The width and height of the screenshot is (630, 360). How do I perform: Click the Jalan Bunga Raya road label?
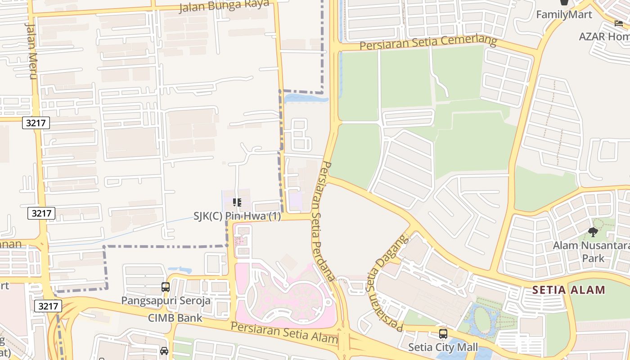pos(224,6)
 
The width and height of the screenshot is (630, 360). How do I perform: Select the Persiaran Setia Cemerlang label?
pos(428,44)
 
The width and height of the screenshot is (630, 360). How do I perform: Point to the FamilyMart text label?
pos(563,14)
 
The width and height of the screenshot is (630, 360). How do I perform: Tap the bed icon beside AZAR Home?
pos(619,23)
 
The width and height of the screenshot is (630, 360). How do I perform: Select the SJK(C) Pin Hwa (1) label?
pos(237,216)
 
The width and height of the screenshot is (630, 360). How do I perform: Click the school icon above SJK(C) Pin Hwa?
pos(237,202)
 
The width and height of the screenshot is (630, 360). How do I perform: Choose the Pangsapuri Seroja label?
pos(166,300)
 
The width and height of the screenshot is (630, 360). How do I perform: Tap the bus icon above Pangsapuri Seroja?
pos(166,287)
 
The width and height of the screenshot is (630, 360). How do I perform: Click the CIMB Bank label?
pos(175,318)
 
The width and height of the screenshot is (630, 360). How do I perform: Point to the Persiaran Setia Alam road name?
pos(284,332)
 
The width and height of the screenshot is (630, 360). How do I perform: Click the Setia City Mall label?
pos(443,347)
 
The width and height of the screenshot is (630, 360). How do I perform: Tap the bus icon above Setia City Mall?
pos(443,334)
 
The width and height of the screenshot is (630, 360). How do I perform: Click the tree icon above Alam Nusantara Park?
pos(593,232)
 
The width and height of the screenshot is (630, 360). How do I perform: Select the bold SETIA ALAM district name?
pos(569,290)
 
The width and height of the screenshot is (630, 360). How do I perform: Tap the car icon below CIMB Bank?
pos(164,351)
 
